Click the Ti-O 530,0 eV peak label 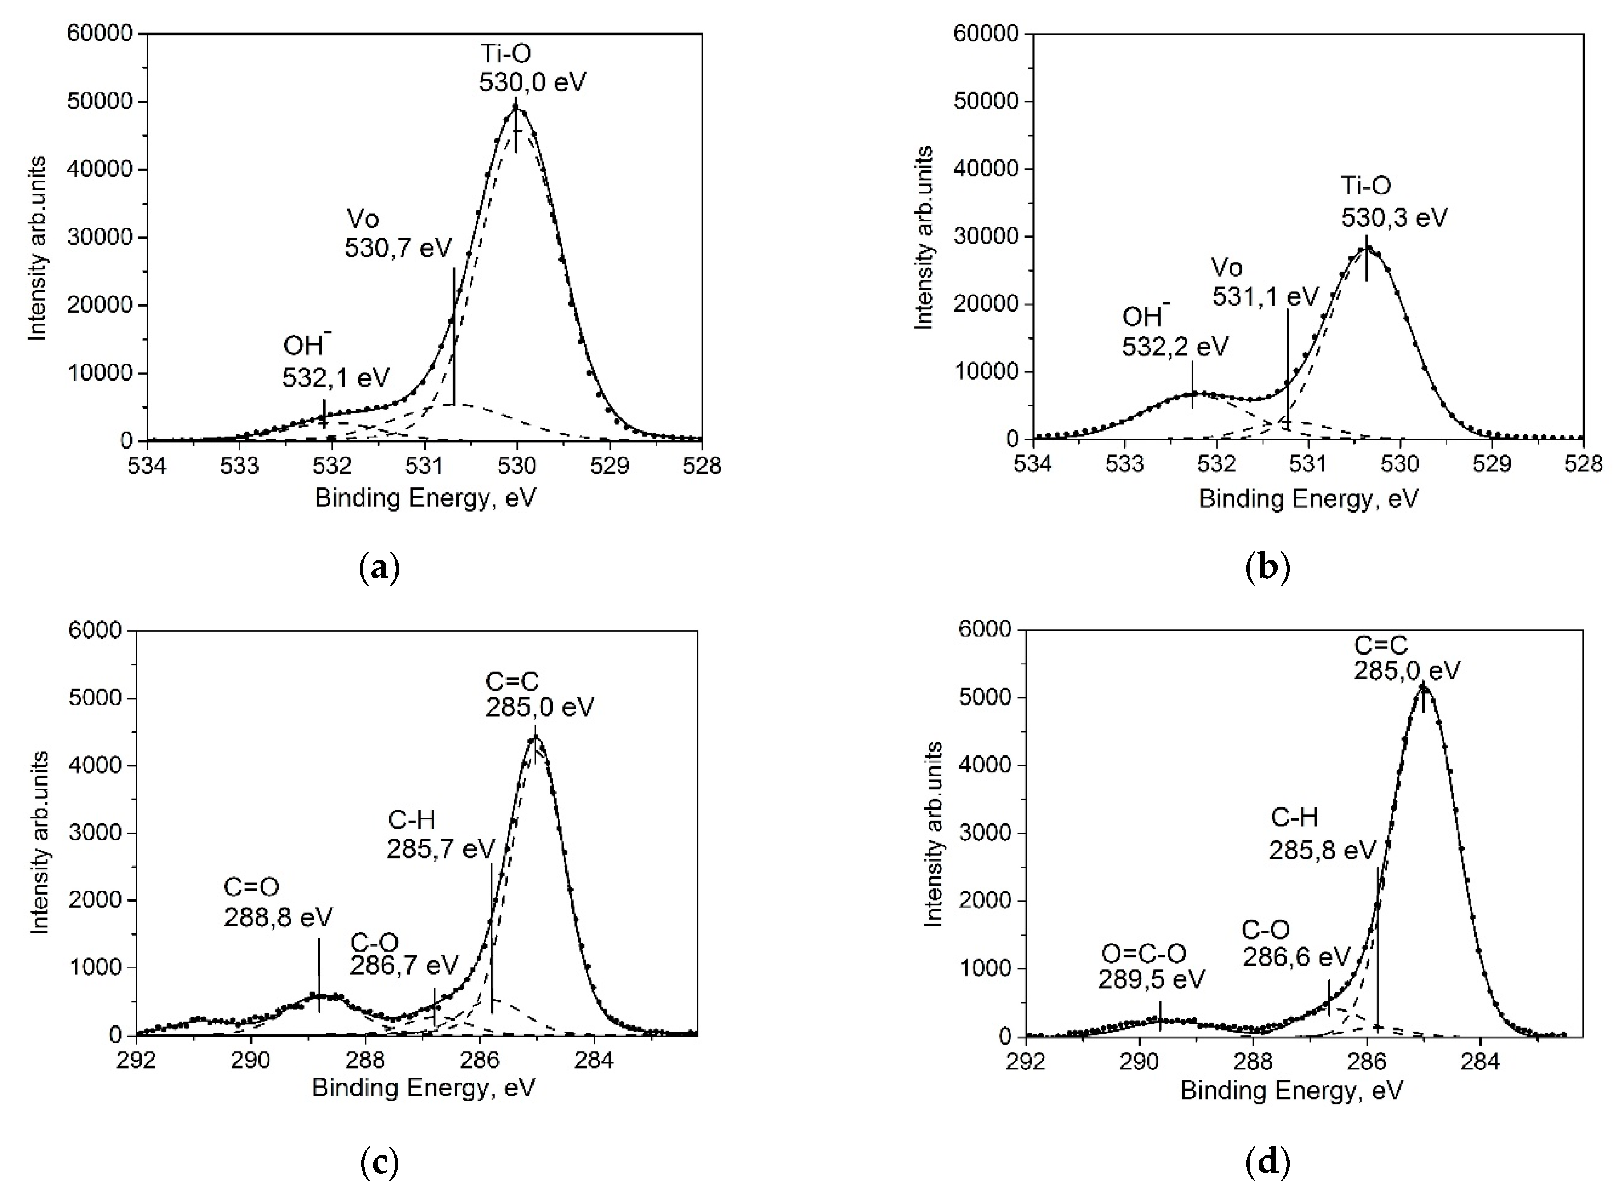coord(532,67)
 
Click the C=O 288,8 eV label coord(277,902)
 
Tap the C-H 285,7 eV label coord(440,834)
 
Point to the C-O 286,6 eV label coord(1295,943)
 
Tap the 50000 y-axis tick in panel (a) coord(100,101)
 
